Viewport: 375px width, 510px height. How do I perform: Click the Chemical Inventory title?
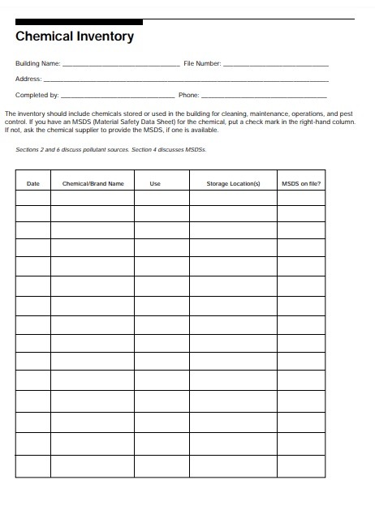[75, 36]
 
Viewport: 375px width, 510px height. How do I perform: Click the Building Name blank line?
[121, 63]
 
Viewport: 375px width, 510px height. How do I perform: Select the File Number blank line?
[275, 63]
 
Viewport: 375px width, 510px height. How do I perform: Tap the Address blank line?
[186, 80]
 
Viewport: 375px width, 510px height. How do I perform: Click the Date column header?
[33, 184]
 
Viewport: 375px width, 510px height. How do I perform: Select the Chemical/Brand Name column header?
[93, 184]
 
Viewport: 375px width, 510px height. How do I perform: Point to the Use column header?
[155, 184]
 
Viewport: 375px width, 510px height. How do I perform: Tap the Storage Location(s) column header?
[233, 184]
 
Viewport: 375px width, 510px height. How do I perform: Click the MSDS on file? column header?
[301, 184]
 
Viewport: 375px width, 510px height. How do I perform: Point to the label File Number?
[202, 63]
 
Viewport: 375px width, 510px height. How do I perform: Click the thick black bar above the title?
[79, 21]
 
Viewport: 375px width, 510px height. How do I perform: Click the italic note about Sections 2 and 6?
[112, 150]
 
